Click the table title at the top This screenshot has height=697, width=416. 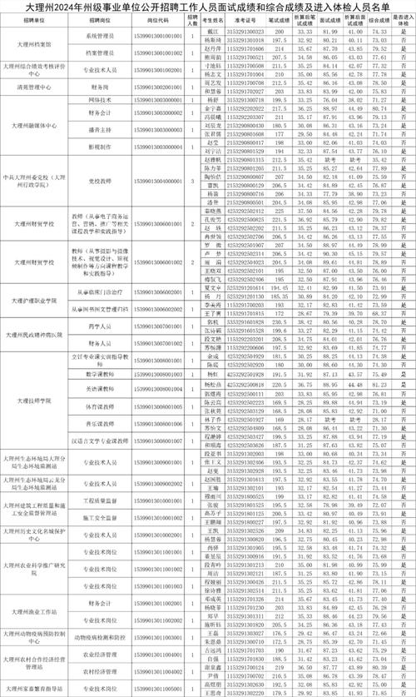pyautogui.click(x=208, y=7)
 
